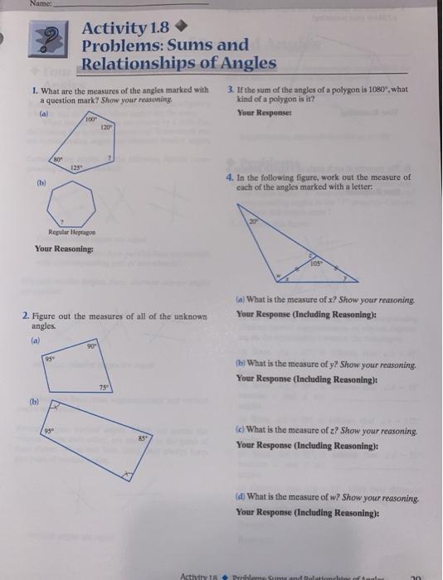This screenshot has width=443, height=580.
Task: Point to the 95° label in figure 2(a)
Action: [52, 359]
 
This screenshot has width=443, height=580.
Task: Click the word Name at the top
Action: [14, 6]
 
